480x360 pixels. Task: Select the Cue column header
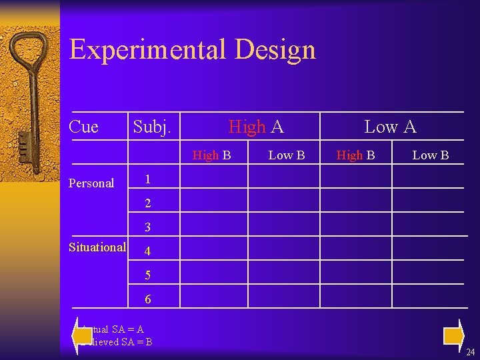83,127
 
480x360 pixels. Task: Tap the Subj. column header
152,127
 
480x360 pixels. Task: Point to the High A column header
256,127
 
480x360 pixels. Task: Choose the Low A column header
390,127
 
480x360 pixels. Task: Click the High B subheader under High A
212,155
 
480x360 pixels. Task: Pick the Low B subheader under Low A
430,155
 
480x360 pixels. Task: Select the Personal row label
91,183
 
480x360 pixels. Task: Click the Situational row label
97,247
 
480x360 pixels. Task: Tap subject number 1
148,179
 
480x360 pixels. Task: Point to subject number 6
148,299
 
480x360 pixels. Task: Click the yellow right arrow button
453,333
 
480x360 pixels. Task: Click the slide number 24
470,351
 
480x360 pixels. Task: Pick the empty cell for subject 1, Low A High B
355,177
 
